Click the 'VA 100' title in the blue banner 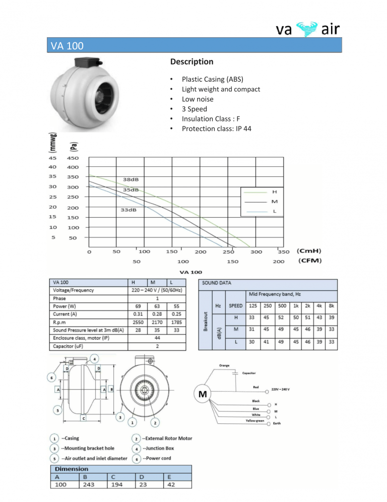[67, 46]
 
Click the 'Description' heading [191, 62]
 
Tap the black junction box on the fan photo [86, 63]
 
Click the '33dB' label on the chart [128, 210]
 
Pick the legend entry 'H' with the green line [274, 192]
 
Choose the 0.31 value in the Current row [138, 313]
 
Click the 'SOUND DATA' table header [217, 283]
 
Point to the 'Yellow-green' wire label [255, 420]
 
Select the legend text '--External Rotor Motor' [167, 438]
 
